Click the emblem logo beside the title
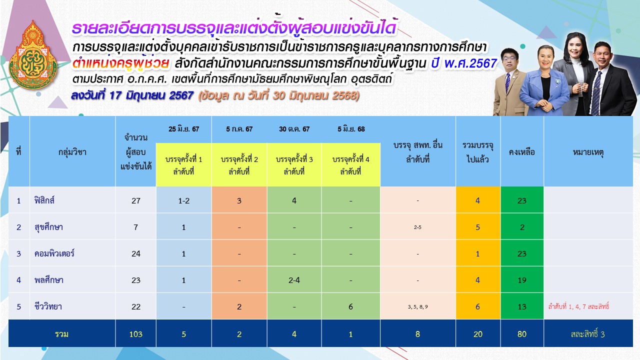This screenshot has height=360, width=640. pyautogui.click(x=33, y=55)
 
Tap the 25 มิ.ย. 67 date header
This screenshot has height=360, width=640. pyautogui.click(x=183, y=129)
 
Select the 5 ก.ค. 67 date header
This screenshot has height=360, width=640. pyautogui.click(x=239, y=129)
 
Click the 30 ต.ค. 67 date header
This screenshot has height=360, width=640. pyautogui.click(x=294, y=129)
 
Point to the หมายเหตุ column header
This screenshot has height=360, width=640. pyautogui.click(x=588, y=152)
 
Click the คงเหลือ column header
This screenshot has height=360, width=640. pyautogui.click(x=521, y=152)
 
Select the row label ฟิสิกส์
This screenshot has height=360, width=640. pyautogui.click(x=44, y=200)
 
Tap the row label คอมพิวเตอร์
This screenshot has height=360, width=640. pyautogui.click(x=54, y=253)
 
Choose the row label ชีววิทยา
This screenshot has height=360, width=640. pyautogui.click(x=48, y=306)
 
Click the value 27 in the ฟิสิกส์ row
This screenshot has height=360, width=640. pyautogui.click(x=135, y=200)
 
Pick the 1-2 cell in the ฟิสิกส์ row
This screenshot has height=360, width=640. pyautogui.click(x=183, y=200)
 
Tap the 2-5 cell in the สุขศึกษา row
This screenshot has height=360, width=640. pyautogui.click(x=417, y=227)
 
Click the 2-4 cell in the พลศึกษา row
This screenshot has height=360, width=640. pyautogui.click(x=294, y=280)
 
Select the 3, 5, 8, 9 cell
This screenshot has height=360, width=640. pyautogui.click(x=417, y=307)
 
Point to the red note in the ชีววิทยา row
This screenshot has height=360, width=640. pyautogui.click(x=578, y=306)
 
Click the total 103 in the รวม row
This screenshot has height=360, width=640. pyautogui.click(x=135, y=334)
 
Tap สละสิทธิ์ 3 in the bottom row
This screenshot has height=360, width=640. pyautogui.click(x=587, y=334)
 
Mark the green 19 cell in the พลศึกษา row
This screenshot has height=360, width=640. pyautogui.click(x=521, y=280)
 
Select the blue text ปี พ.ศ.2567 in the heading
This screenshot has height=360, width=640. pyautogui.click(x=464, y=63)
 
